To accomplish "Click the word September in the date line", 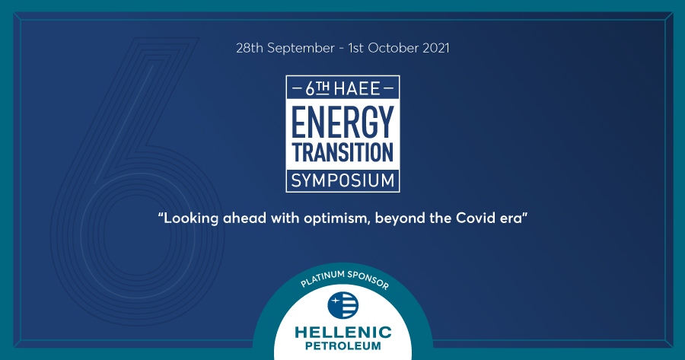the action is [301, 48].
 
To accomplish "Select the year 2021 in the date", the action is [436, 48].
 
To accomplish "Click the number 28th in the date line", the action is [250, 48].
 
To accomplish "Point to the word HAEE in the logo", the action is [357, 89].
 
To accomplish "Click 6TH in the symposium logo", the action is [317, 89].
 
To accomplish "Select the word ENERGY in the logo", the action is [342, 122].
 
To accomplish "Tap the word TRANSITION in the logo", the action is [342, 152].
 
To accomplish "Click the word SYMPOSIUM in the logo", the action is [342, 180].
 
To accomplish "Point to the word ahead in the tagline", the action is [244, 217].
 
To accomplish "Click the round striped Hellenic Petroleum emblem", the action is [343, 305].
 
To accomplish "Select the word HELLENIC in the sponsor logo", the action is [343, 333].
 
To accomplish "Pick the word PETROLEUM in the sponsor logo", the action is [343, 346].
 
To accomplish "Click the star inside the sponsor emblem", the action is [335, 301].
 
